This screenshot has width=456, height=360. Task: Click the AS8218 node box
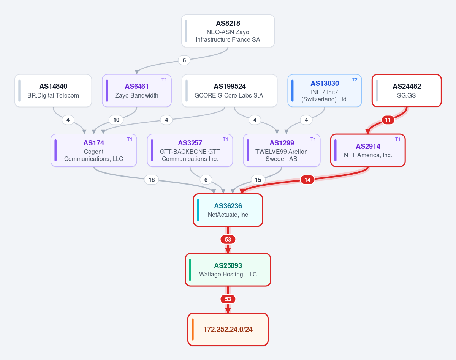(x=228, y=31)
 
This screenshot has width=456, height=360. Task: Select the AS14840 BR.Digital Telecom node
(x=53, y=91)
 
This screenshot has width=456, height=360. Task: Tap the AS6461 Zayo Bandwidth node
(x=137, y=91)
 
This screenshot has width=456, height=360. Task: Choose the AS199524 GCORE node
(x=230, y=91)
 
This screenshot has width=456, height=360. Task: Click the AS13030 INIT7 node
(x=325, y=91)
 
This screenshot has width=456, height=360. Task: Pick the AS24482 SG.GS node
(x=407, y=91)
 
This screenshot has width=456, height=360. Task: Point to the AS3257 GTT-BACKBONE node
(x=190, y=150)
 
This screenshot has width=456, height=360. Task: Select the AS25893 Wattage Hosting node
(x=228, y=270)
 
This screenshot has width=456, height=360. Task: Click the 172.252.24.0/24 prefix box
(x=228, y=330)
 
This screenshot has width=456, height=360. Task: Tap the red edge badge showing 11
(x=388, y=120)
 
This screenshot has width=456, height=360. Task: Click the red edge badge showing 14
(x=307, y=180)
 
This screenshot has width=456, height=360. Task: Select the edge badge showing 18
(x=152, y=180)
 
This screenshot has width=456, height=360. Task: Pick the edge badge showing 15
(x=258, y=180)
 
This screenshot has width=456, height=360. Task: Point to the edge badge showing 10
(x=116, y=120)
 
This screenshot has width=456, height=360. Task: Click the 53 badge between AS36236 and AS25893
(x=228, y=240)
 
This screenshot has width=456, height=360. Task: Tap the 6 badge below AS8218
(x=184, y=60)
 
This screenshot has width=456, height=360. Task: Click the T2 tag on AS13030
(x=355, y=80)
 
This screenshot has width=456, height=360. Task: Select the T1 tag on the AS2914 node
(x=398, y=139)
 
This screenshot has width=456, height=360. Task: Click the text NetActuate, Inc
(x=228, y=215)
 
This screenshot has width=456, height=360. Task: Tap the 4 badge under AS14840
(x=68, y=120)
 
